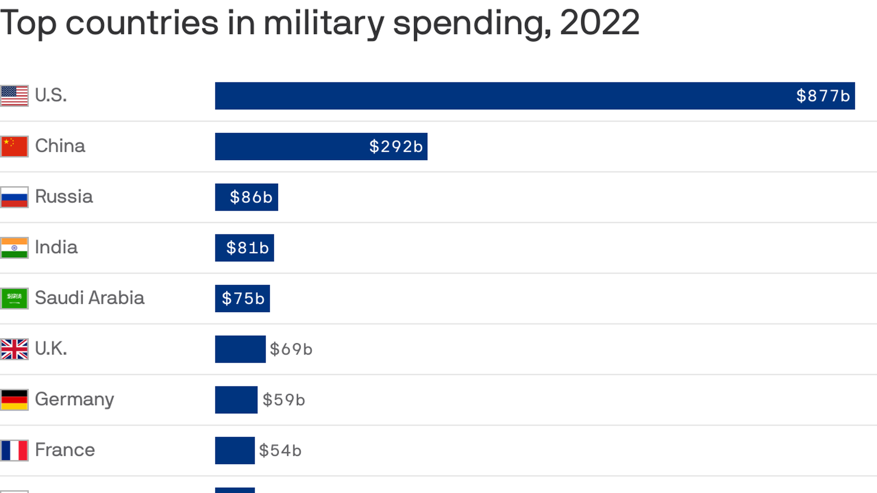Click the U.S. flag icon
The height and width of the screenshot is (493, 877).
pos(14,96)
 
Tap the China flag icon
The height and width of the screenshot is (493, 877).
pos(14,147)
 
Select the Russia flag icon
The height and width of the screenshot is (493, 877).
pos(14,197)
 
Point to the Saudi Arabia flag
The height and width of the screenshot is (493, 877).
pos(14,299)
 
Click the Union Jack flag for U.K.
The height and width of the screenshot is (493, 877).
pos(14,349)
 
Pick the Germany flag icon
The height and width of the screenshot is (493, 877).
pos(14,400)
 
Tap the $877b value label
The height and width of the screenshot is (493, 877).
pos(823,96)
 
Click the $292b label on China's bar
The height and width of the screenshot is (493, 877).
pos(396,147)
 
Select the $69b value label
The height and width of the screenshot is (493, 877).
pos(291,349)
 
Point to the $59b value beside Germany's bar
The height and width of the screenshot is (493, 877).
pos(284,400)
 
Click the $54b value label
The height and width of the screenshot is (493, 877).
pos(280,451)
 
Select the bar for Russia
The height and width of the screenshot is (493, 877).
pos(246,197)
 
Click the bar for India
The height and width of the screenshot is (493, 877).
pos(244,248)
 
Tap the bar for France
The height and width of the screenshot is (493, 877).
pos(235,451)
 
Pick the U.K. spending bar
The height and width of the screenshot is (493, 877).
pos(240,349)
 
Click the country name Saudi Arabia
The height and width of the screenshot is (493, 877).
pos(90,298)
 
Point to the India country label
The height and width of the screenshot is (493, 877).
pos(56,247)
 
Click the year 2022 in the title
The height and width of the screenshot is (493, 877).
pos(599,22)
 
